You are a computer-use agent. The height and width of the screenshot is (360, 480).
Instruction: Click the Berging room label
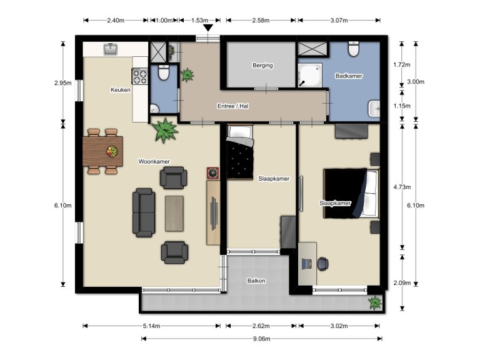point(262,65)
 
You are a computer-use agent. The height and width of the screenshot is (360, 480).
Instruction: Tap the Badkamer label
point(349,76)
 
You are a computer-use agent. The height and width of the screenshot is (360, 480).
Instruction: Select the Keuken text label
point(121,90)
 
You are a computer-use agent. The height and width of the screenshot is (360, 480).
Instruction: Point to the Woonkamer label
point(154,161)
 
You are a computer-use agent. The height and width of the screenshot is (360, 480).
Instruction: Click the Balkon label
point(256,281)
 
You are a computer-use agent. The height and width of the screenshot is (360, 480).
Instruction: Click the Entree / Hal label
point(233,106)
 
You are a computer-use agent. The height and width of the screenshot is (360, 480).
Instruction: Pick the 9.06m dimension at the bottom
point(261,339)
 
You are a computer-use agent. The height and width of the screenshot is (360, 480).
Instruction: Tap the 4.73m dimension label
point(401,186)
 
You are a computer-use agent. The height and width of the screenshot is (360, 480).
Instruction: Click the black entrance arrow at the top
point(208,27)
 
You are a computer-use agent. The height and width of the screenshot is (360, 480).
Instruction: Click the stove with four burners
point(139,76)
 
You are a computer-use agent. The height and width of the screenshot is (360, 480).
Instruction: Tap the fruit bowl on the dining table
point(112,151)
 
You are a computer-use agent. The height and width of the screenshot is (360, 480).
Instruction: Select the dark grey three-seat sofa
point(144,212)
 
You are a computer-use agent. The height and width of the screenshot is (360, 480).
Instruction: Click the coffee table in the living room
point(174,212)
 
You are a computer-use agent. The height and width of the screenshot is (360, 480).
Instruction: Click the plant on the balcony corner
point(375,303)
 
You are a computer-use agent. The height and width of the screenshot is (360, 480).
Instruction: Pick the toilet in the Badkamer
point(354,48)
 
